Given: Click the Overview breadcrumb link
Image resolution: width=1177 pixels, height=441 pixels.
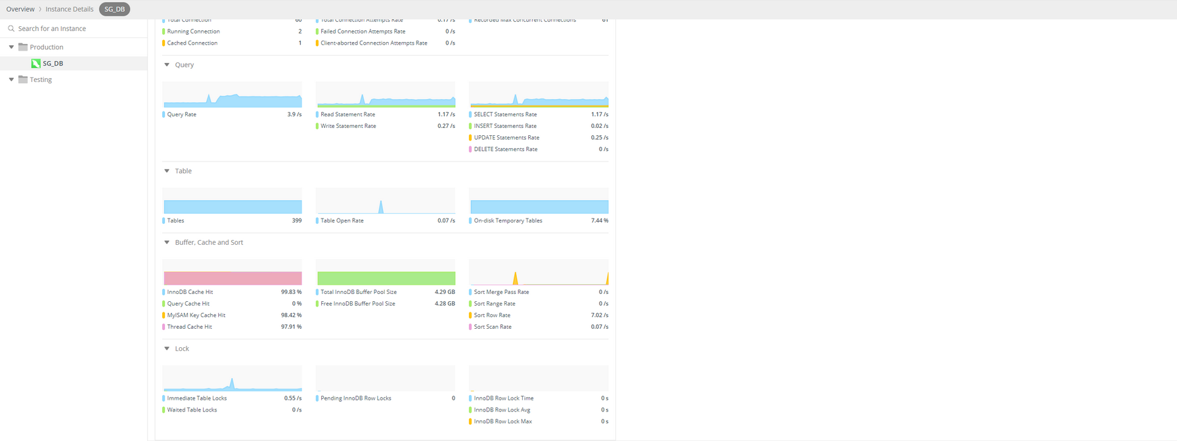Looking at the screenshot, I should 20,9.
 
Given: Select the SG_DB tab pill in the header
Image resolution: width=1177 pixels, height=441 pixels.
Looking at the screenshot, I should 114,9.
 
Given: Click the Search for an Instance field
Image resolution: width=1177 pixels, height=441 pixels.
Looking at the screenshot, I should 53,29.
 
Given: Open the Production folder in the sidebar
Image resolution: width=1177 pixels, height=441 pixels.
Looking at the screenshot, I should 46,47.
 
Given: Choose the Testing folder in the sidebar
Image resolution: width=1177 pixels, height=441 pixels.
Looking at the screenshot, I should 40,79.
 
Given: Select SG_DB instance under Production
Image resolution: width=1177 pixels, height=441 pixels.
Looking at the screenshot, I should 53,64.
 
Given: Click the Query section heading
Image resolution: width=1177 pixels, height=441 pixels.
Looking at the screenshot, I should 184,65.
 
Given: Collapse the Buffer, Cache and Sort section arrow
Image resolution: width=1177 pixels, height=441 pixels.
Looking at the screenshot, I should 167,243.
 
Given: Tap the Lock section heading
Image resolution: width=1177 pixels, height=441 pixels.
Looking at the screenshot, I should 182,349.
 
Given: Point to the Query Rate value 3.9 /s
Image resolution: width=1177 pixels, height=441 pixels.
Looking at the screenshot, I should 294,115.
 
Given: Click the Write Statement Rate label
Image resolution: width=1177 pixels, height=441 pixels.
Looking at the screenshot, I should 348,126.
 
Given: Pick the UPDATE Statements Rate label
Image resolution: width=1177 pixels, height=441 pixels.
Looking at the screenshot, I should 506,138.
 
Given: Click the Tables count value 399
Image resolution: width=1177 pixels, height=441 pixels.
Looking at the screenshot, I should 296,221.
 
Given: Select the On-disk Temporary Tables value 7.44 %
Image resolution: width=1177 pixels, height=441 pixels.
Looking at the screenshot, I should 599,221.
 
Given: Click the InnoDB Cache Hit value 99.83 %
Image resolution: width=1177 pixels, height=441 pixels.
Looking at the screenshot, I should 291,292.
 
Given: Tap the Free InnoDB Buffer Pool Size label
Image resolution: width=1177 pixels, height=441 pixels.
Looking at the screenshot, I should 358,304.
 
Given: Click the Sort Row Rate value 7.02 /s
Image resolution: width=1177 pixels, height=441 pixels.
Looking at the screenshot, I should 599,316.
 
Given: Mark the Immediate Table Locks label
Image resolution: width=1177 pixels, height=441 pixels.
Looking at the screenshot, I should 196,398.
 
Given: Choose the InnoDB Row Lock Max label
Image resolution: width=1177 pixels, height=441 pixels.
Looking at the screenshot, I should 502,422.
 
